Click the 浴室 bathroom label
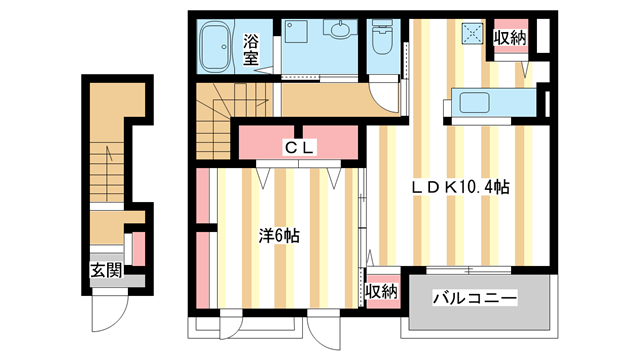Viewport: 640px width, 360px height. click(253, 50)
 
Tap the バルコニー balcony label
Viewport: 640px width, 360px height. click(475, 298)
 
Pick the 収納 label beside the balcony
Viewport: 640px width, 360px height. click(381, 292)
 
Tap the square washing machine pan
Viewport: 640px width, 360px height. click(296, 32)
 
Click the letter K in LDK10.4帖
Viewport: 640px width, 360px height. click(451, 186)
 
